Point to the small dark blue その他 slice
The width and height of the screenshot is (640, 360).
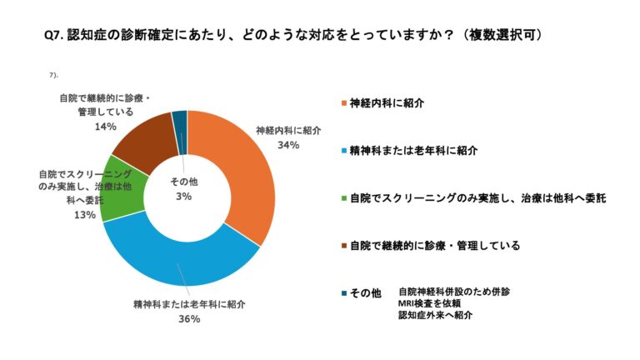point(179,121)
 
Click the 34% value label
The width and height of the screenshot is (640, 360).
point(287,144)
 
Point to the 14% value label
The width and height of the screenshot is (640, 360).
point(105,127)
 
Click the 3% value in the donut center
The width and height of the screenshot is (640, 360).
point(183,196)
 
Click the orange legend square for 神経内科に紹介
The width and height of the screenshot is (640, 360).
point(342,103)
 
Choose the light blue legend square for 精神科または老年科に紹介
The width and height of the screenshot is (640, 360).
point(342,151)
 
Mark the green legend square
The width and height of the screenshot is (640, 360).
point(342,198)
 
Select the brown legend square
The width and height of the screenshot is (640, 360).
point(342,246)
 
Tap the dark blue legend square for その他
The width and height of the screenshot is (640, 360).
point(342,293)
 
